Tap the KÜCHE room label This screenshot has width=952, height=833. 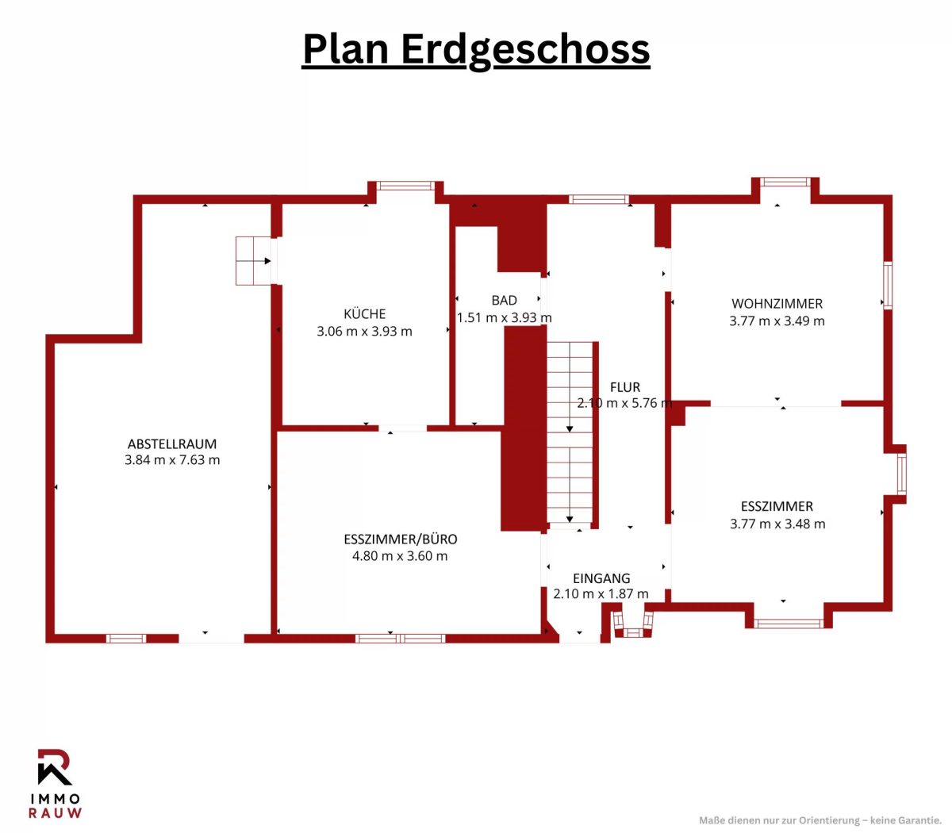(x=364, y=313)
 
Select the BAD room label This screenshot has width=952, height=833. (x=504, y=300)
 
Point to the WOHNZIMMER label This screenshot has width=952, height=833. (x=777, y=303)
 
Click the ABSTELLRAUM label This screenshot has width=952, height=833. (x=172, y=443)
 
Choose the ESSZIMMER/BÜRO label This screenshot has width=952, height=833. (x=401, y=539)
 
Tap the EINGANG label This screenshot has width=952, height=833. (x=601, y=578)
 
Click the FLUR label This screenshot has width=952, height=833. (x=625, y=386)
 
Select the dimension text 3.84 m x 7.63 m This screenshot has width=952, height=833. (x=172, y=460)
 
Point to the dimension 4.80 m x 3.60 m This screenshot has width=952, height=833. (x=400, y=555)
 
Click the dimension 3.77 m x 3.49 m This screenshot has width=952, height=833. (x=777, y=321)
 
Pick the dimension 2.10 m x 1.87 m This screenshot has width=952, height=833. (x=601, y=593)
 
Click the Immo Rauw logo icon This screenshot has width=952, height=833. (x=55, y=766)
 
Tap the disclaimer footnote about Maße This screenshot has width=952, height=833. (x=820, y=820)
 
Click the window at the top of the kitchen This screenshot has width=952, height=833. (x=405, y=186)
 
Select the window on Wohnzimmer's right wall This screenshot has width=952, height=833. (x=887, y=286)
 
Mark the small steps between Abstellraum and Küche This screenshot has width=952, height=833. (x=253, y=260)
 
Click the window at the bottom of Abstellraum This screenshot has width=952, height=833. (x=126, y=639)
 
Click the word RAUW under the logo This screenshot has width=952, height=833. (x=55, y=813)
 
